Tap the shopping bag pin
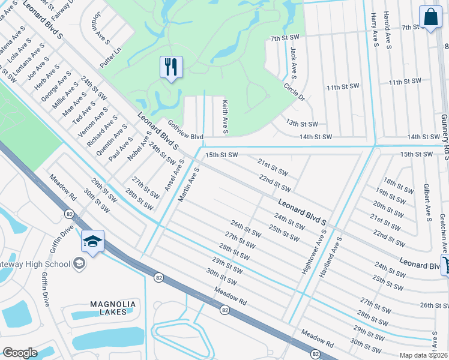[x=430, y=17]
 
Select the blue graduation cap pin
[x=92, y=241]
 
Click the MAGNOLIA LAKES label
[x=113, y=308]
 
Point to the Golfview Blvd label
[x=186, y=130]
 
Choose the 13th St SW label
[x=302, y=124]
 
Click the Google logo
[x=20, y=353]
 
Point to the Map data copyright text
[x=424, y=355]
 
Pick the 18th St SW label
[x=399, y=185]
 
